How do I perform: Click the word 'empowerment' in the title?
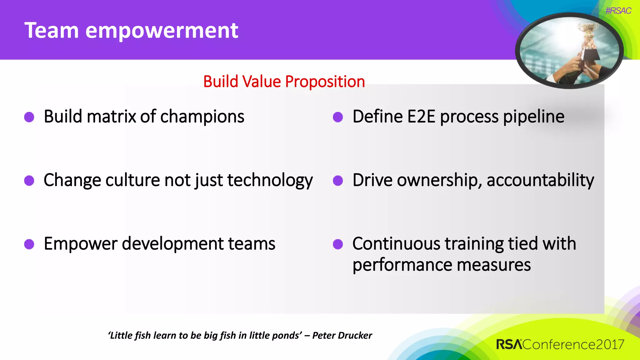point(162,31)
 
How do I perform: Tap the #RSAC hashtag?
point(618,11)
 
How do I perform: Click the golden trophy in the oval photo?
point(589,34)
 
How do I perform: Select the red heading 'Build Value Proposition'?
point(284,82)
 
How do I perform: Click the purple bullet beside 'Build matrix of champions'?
point(29,117)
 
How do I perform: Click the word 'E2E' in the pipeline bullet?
point(421,117)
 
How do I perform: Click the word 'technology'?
point(270,181)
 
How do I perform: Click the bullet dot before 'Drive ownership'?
point(338,181)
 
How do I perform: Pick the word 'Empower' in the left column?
point(81,244)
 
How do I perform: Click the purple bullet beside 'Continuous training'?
point(338,244)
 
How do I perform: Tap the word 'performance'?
point(402,265)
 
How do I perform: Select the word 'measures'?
point(493,265)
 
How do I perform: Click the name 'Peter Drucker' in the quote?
point(342,335)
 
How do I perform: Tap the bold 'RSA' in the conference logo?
point(509,344)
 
